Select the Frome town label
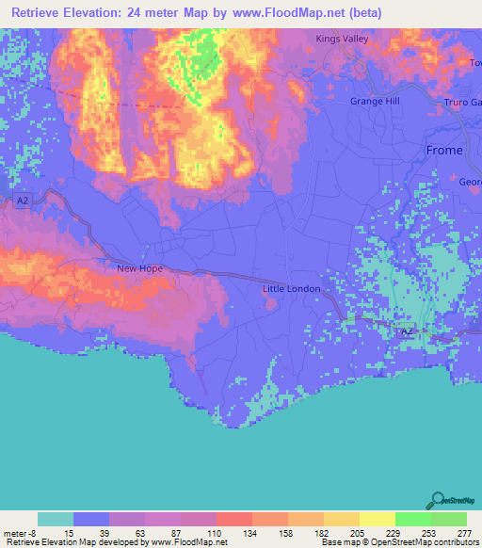click(x=444, y=151)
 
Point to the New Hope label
click(x=139, y=268)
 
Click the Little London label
click(x=291, y=289)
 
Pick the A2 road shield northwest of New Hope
click(x=24, y=201)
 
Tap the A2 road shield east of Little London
click(x=407, y=331)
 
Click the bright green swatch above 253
click(x=412, y=519)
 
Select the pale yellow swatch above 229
click(x=378, y=519)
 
